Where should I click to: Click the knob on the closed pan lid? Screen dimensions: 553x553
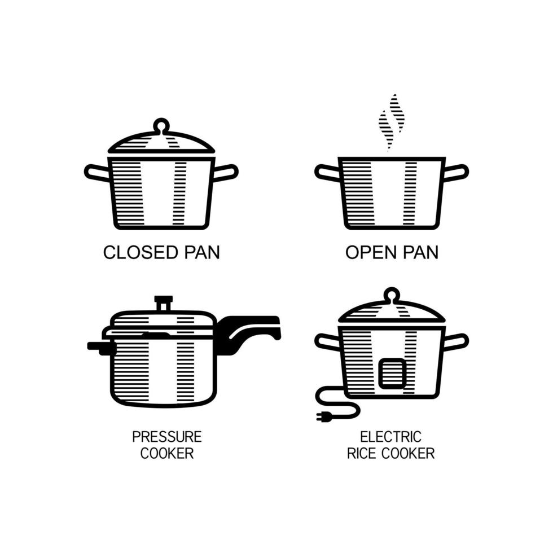coord(161,125)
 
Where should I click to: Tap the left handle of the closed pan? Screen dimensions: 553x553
coord(96,172)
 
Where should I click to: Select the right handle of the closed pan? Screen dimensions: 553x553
coord(226,172)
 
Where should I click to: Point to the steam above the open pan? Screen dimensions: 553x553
coord(392,121)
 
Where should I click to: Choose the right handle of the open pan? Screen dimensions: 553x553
coord(456,172)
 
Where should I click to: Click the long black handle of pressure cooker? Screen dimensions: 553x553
coord(248,330)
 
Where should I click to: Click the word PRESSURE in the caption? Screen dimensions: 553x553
coord(166,437)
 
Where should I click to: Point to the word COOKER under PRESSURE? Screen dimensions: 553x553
coord(166,453)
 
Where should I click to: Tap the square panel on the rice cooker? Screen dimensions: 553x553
coord(392,374)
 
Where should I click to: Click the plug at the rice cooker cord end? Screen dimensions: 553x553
coord(323,417)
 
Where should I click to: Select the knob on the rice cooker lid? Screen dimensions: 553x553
coord(392,295)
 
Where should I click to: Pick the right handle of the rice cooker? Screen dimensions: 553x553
coord(456,341)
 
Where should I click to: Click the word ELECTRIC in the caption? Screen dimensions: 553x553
coord(390,437)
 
